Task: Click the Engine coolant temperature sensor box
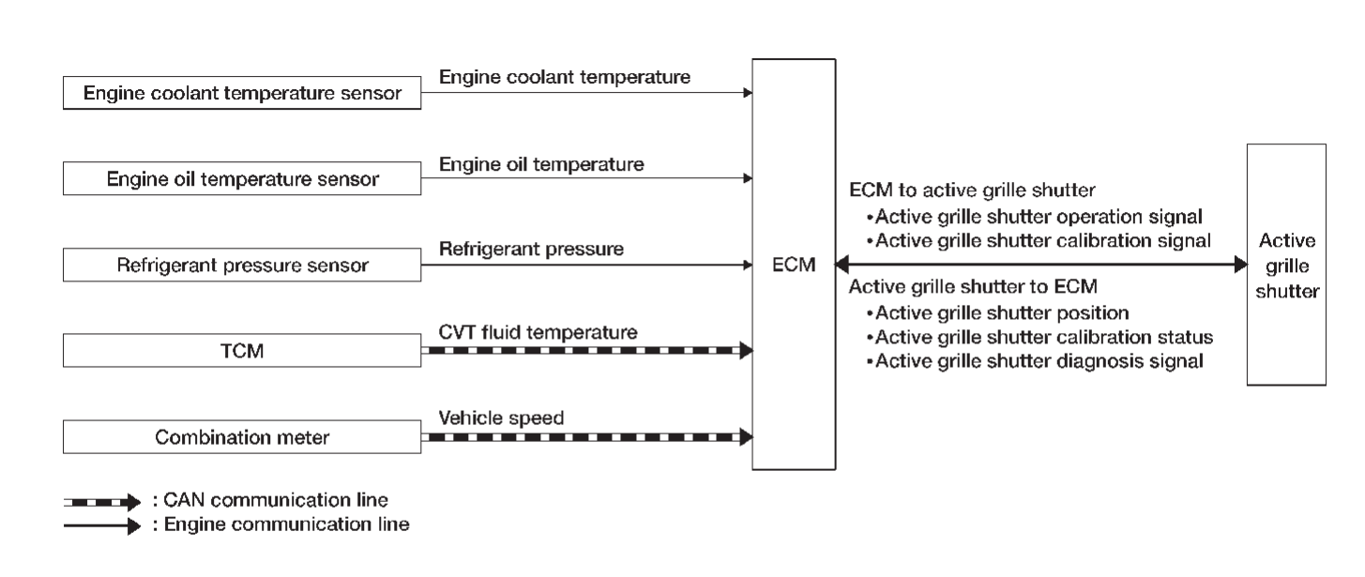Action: coord(242,93)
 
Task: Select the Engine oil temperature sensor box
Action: coord(242,179)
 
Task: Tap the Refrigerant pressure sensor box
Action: coord(242,266)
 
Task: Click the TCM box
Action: coord(242,351)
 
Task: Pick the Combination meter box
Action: coord(242,437)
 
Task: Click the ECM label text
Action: coord(793,266)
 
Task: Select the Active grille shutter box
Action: coord(1285,265)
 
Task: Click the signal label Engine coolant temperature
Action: coord(565,77)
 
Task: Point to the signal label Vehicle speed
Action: coord(502,418)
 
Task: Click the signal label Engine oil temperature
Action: coord(541,163)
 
